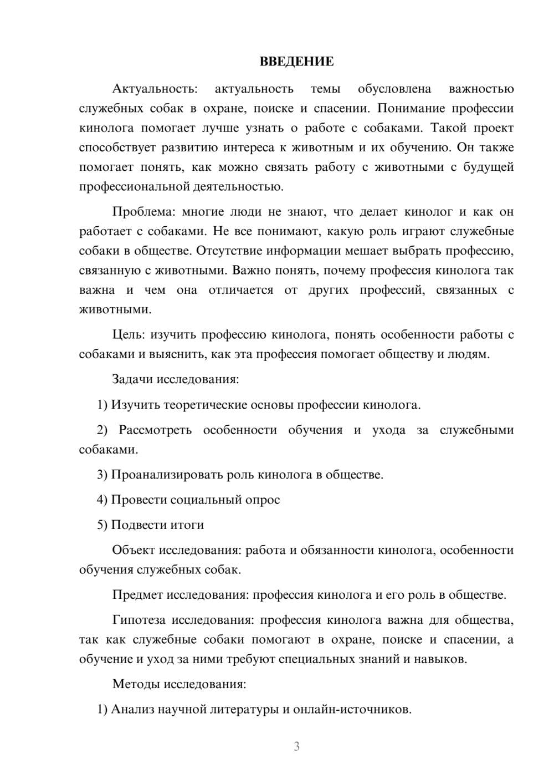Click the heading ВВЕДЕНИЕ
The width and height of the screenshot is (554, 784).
[296, 62]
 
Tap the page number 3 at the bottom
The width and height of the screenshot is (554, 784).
[296, 746]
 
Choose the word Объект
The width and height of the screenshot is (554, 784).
[133, 550]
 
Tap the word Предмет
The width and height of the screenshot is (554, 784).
[137, 595]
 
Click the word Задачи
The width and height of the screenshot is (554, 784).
[132, 379]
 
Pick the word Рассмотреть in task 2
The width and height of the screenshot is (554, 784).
[155, 430]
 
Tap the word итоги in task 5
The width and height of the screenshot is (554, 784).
[188, 525]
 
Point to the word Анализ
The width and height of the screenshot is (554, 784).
[131, 709]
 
